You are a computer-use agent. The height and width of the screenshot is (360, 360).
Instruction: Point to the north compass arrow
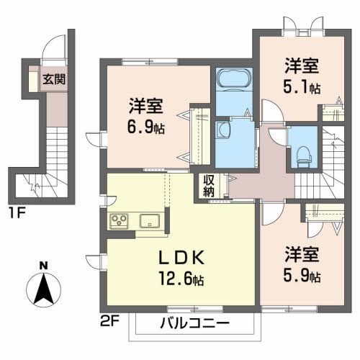pyautogui.click(x=43, y=290)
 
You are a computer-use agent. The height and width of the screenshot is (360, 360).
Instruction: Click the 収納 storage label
pyautogui.click(x=208, y=186)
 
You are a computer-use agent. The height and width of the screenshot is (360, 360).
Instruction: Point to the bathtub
pyautogui.click(x=233, y=78)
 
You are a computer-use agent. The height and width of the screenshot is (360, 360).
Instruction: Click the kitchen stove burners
pyautogui.click(x=117, y=221)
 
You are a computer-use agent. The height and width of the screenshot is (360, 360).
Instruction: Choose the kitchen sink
pyautogui.click(x=150, y=221)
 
